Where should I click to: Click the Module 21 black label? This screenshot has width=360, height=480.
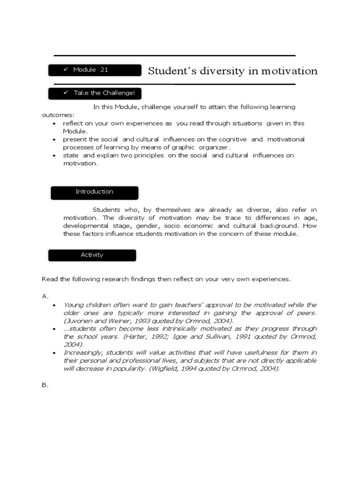point(95,70)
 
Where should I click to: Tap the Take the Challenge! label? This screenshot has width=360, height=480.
point(95,93)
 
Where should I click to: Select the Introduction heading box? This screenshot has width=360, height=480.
point(94,192)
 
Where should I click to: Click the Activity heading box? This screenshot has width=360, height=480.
point(92,255)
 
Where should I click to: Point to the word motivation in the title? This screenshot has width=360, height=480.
point(288,71)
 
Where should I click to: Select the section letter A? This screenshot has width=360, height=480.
point(45,296)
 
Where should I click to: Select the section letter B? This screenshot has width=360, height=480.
point(45,385)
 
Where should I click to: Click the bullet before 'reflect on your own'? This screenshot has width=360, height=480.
point(54,124)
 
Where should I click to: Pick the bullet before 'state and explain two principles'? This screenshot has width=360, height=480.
point(54,156)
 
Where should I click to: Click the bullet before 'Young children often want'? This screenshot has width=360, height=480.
point(54,305)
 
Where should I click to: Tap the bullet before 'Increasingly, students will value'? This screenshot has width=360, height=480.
point(54,353)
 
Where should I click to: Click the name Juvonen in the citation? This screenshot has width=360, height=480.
point(76,321)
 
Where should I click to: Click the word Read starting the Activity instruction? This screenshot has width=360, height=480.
point(49,279)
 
